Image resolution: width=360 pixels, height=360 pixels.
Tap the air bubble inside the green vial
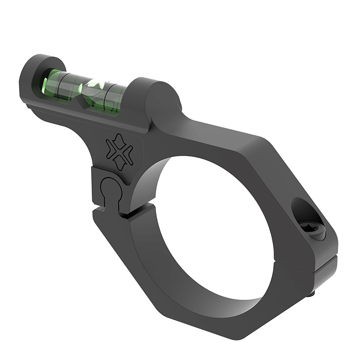click(x=93, y=86)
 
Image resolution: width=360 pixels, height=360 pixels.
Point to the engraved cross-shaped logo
click(x=119, y=152)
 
